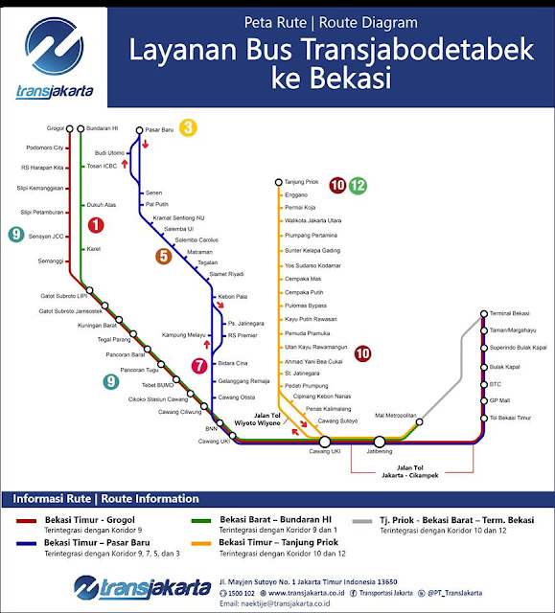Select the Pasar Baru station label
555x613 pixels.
(x=160, y=128)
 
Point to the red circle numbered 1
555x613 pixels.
(x=96, y=226)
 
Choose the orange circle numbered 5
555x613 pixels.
(x=164, y=256)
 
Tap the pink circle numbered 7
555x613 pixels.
(x=198, y=365)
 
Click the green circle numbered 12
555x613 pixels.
(x=358, y=186)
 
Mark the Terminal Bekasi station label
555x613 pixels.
(x=510, y=314)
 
